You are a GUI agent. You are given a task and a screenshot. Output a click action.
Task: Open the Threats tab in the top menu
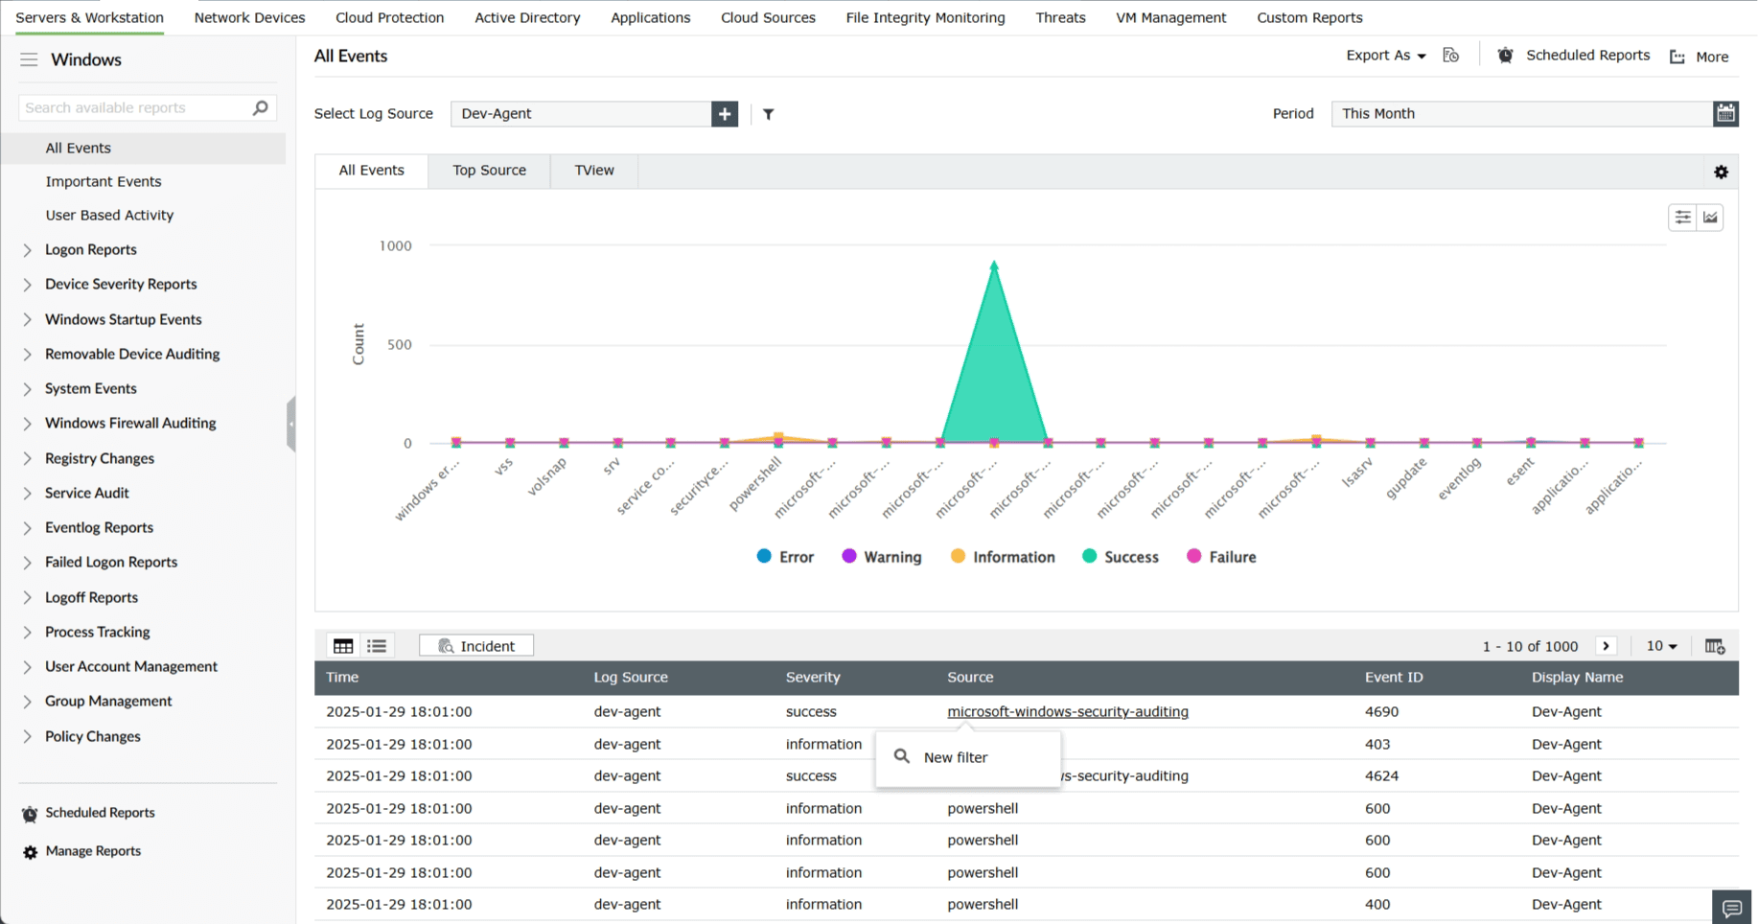pyautogui.click(x=1060, y=17)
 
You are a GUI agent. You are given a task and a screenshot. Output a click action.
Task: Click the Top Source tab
pyautogui.click(x=489, y=171)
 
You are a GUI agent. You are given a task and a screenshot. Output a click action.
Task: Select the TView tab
pyautogui.click(x=593, y=171)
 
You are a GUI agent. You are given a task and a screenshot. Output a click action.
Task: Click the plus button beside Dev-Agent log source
pyautogui.click(x=725, y=114)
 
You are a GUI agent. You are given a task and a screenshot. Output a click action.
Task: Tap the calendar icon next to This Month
pyautogui.click(x=1725, y=114)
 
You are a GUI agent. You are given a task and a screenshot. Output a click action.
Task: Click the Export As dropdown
pyautogui.click(x=1385, y=56)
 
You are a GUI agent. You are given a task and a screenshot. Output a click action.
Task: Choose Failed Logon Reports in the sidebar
pyautogui.click(x=111, y=563)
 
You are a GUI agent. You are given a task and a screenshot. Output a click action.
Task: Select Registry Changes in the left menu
pyautogui.click(x=100, y=458)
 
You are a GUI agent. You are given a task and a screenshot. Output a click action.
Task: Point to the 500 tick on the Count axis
pyautogui.click(x=400, y=345)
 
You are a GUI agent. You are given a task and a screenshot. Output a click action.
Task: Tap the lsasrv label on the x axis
pyautogui.click(x=1357, y=472)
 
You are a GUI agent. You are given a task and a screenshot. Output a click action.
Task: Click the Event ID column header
pyautogui.click(x=1394, y=678)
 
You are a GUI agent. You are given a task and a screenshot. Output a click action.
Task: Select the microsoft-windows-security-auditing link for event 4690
pyautogui.click(x=1067, y=712)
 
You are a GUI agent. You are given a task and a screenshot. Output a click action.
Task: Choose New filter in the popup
pyautogui.click(x=955, y=757)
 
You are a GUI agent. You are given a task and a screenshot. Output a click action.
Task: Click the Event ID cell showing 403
pyautogui.click(x=1377, y=744)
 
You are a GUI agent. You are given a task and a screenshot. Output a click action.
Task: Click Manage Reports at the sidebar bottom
pyautogui.click(x=93, y=851)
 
